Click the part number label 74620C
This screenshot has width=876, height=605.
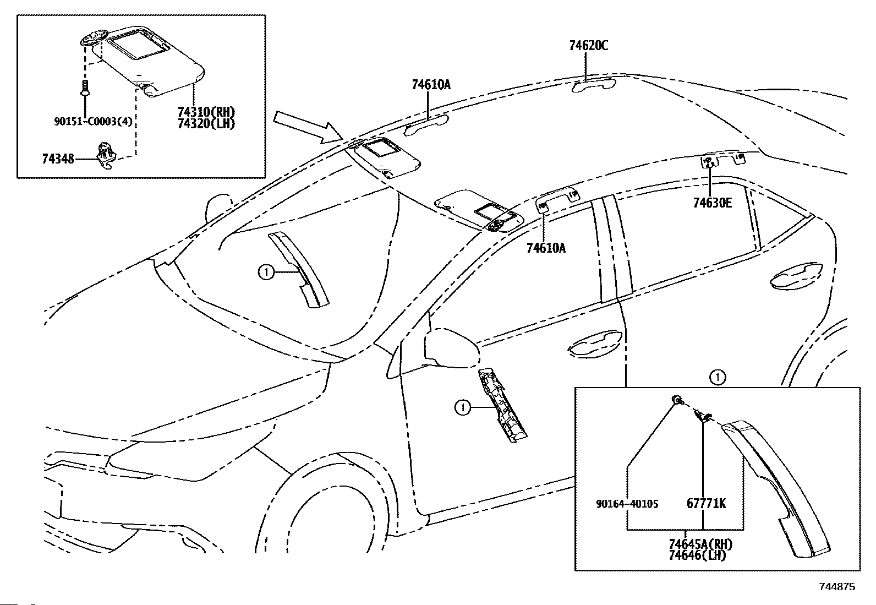[589, 46]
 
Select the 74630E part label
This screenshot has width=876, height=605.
[713, 203]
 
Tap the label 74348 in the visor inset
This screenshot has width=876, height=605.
[58, 159]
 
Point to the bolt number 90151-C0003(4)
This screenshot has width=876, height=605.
[93, 121]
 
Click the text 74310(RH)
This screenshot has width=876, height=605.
[206, 112]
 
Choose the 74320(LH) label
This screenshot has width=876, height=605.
[206, 124]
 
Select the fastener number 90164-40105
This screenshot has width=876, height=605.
[627, 504]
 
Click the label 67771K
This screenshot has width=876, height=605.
[707, 503]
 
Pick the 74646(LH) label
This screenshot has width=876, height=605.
[697, 555]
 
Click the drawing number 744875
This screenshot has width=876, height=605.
[837, 587]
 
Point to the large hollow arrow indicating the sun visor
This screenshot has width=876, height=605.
[307, 127]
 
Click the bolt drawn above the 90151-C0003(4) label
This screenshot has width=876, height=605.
[85, 88]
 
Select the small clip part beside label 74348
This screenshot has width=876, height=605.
[106, 156]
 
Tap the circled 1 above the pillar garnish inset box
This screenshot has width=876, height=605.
[717, 378]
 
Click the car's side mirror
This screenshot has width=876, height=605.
[452, 348]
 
